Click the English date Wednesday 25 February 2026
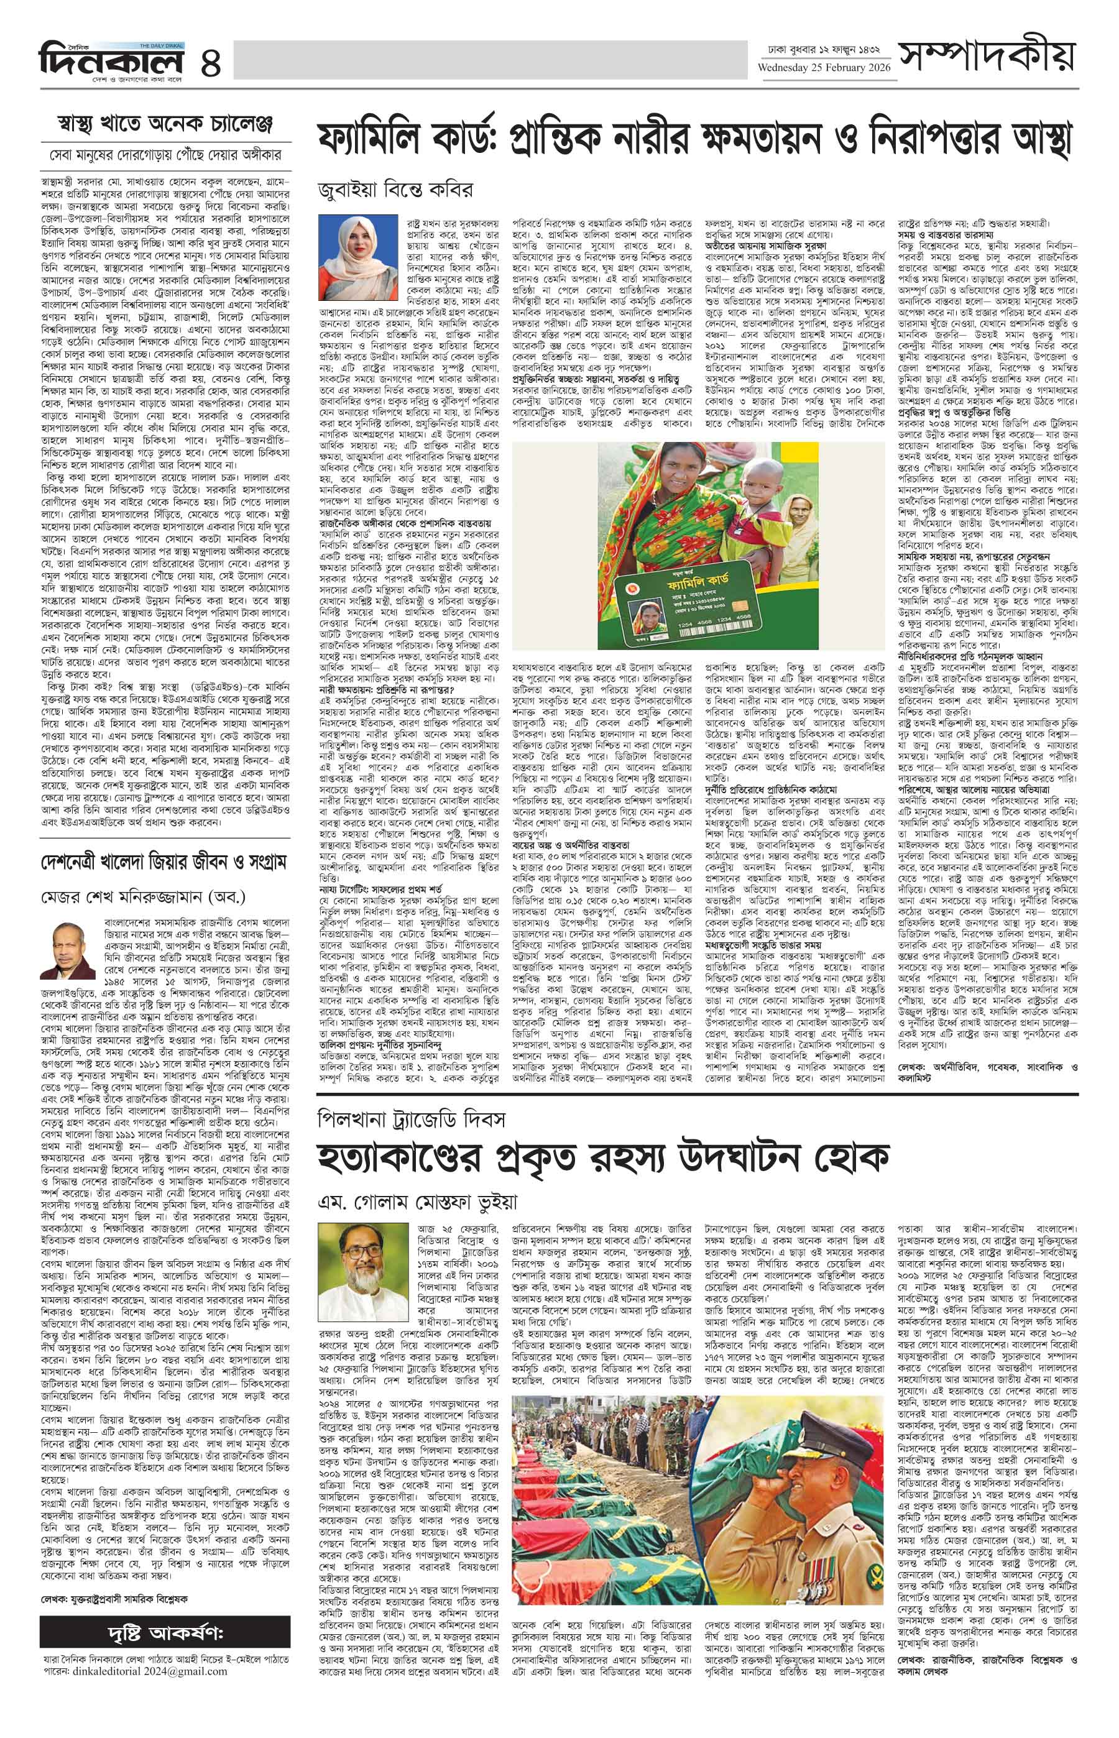(819, 68)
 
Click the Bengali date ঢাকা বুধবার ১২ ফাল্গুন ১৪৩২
(819, 49)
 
